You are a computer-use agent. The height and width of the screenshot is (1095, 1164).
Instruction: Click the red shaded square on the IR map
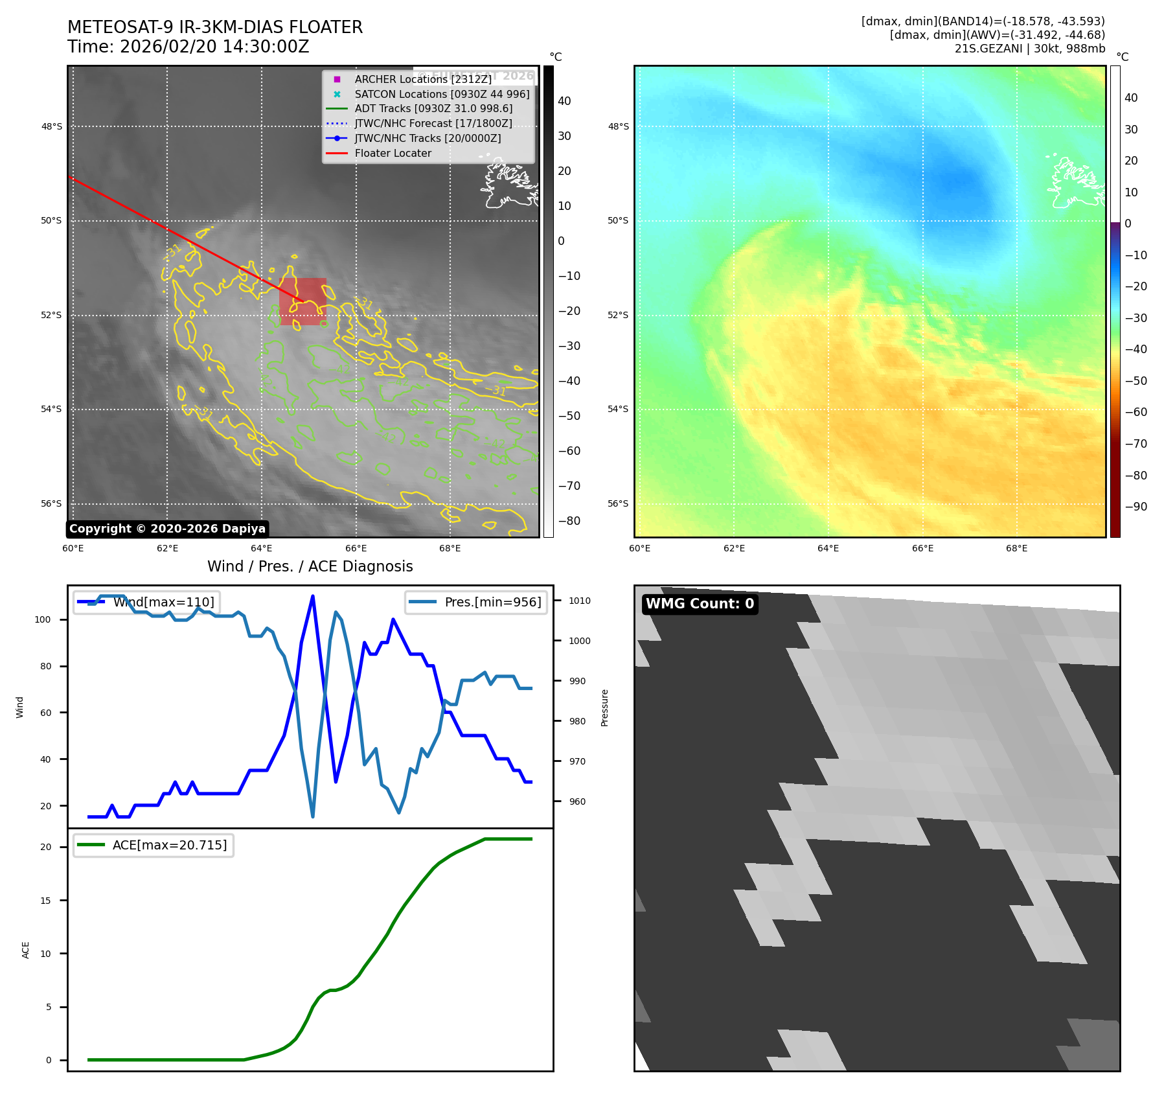(302, 301)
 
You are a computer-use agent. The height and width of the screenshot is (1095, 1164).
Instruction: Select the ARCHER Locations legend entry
(423, 79)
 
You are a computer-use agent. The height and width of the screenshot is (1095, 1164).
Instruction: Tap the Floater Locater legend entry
(393, 154)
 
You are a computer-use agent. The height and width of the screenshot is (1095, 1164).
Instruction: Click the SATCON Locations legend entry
(442, 94)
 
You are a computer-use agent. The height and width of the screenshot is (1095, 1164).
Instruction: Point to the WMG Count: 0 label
(700, 604)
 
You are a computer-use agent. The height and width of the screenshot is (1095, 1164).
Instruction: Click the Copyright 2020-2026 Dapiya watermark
(167, 529)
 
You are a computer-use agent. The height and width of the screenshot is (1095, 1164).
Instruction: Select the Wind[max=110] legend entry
(163, 602)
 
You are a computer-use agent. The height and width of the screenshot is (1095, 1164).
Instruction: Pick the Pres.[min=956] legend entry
(492, 602)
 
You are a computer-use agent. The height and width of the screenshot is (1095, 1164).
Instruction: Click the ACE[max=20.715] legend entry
(170, 845)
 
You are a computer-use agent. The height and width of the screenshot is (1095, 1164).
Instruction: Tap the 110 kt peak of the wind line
(313, 596)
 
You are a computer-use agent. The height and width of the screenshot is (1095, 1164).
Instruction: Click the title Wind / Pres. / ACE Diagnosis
(310, 566)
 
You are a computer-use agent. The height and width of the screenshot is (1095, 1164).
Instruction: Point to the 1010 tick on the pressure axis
(579, 601)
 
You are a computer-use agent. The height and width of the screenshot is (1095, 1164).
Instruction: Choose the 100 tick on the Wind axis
(43, 619)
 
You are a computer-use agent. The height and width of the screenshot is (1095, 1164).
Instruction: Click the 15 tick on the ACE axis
(45, 900)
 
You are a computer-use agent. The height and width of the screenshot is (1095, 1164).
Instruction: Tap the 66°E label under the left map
(356, 548)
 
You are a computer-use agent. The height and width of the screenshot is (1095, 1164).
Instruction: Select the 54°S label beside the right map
(618, 409)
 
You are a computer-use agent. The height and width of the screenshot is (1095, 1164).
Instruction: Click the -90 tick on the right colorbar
(1135, 507)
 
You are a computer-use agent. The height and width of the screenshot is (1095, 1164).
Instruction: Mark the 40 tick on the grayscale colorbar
(564, 101)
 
